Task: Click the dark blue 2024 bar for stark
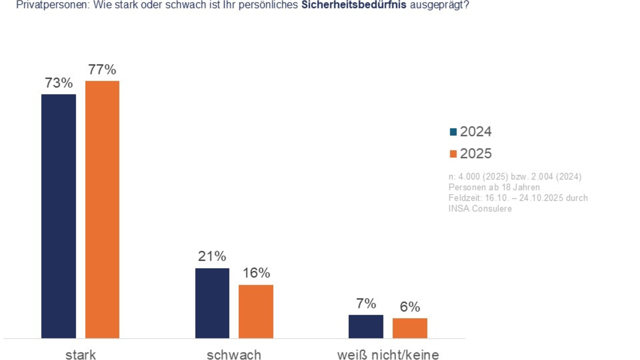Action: coord(59,216)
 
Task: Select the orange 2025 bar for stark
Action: coord(102,209)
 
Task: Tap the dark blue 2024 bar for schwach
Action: coord(212,303)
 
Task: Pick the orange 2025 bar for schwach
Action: coord(256,311)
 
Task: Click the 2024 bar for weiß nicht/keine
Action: coord(366,326)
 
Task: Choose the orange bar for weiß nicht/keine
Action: coord(410,328)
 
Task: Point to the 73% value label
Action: coord(59,83)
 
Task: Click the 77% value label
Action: coord(102,70)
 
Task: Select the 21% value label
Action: coord(212,257)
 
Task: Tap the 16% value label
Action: coord(256,273)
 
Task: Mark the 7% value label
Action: coord(366,304)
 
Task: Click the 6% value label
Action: coord(410,307)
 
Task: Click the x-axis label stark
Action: coord(81,355)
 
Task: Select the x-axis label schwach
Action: coord(234,355)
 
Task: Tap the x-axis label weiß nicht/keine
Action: coord(388,355)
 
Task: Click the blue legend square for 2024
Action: coord(453,132)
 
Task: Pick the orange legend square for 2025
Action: coord(453,154)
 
